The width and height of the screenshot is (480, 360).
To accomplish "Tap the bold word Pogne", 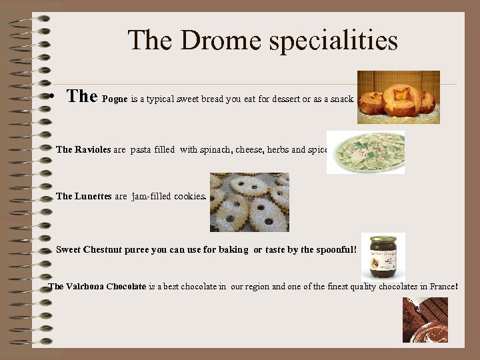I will [x=115, y=99].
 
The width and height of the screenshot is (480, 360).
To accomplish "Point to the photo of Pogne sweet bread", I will [x=398, y=97].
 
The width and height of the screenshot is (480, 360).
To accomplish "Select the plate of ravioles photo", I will [x=365, y=152].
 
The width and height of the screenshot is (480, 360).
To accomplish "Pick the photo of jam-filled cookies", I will [x=249, y=202].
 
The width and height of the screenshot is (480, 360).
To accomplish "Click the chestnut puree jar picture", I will [x=383, y=255].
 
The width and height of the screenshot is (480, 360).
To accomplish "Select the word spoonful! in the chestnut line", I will [x=337, y=249].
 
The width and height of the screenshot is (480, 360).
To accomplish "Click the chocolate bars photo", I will [x=425, y=319].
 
